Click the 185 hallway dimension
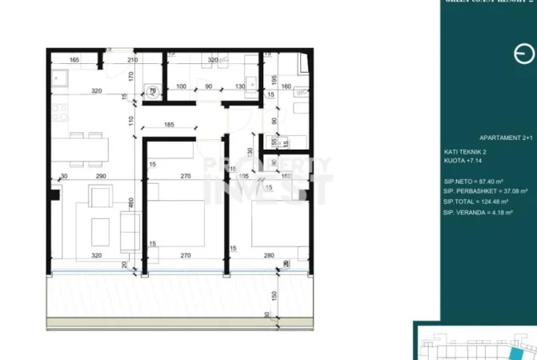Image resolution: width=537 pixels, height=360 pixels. [169, 125]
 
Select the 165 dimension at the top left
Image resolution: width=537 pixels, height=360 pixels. [74, 60]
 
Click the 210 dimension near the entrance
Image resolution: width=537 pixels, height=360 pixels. [133, 60]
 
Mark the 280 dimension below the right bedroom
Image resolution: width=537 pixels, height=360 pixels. [269, 257]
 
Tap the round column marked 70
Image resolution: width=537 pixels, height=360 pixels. [153, 91]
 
